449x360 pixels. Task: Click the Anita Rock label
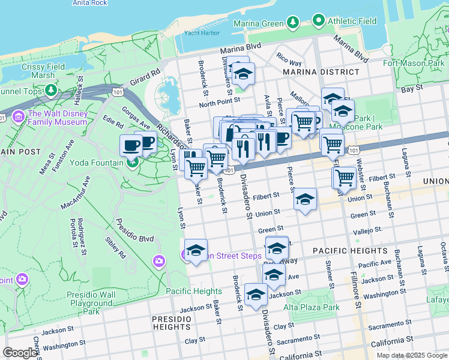click(x=89, y=3)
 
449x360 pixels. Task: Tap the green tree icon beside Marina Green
click(x=292, y=23)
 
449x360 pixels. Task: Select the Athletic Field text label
click(x=352, y=21)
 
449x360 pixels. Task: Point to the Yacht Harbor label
click(x=199, y=33)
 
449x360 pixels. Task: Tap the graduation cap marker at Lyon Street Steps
click(x=196, y=250)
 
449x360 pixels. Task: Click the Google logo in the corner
click(x=20, y=353)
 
